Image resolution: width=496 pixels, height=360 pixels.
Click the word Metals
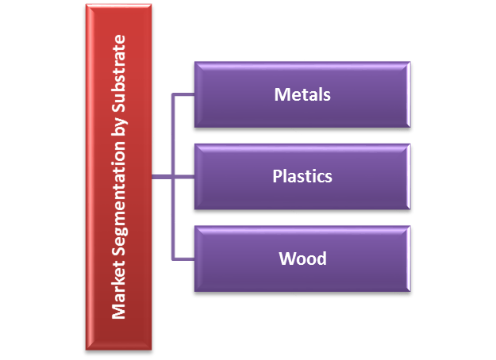point(302,95)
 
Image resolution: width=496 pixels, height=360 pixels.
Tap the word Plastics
point(302,176)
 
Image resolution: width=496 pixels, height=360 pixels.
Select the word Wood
point(302,259)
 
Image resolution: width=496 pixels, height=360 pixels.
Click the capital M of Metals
point(281,95)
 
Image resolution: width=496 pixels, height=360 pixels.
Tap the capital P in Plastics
point(277,176)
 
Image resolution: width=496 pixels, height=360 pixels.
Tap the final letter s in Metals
point(326,96)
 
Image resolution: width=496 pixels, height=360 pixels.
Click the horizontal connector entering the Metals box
point(183,94)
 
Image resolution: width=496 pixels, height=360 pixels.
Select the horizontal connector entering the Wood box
point(183,259)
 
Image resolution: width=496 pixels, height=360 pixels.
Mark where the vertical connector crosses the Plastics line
point(173,177)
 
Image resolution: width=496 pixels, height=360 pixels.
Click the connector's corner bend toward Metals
point(173,94)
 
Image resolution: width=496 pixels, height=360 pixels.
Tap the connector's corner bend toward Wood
point(173,259)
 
